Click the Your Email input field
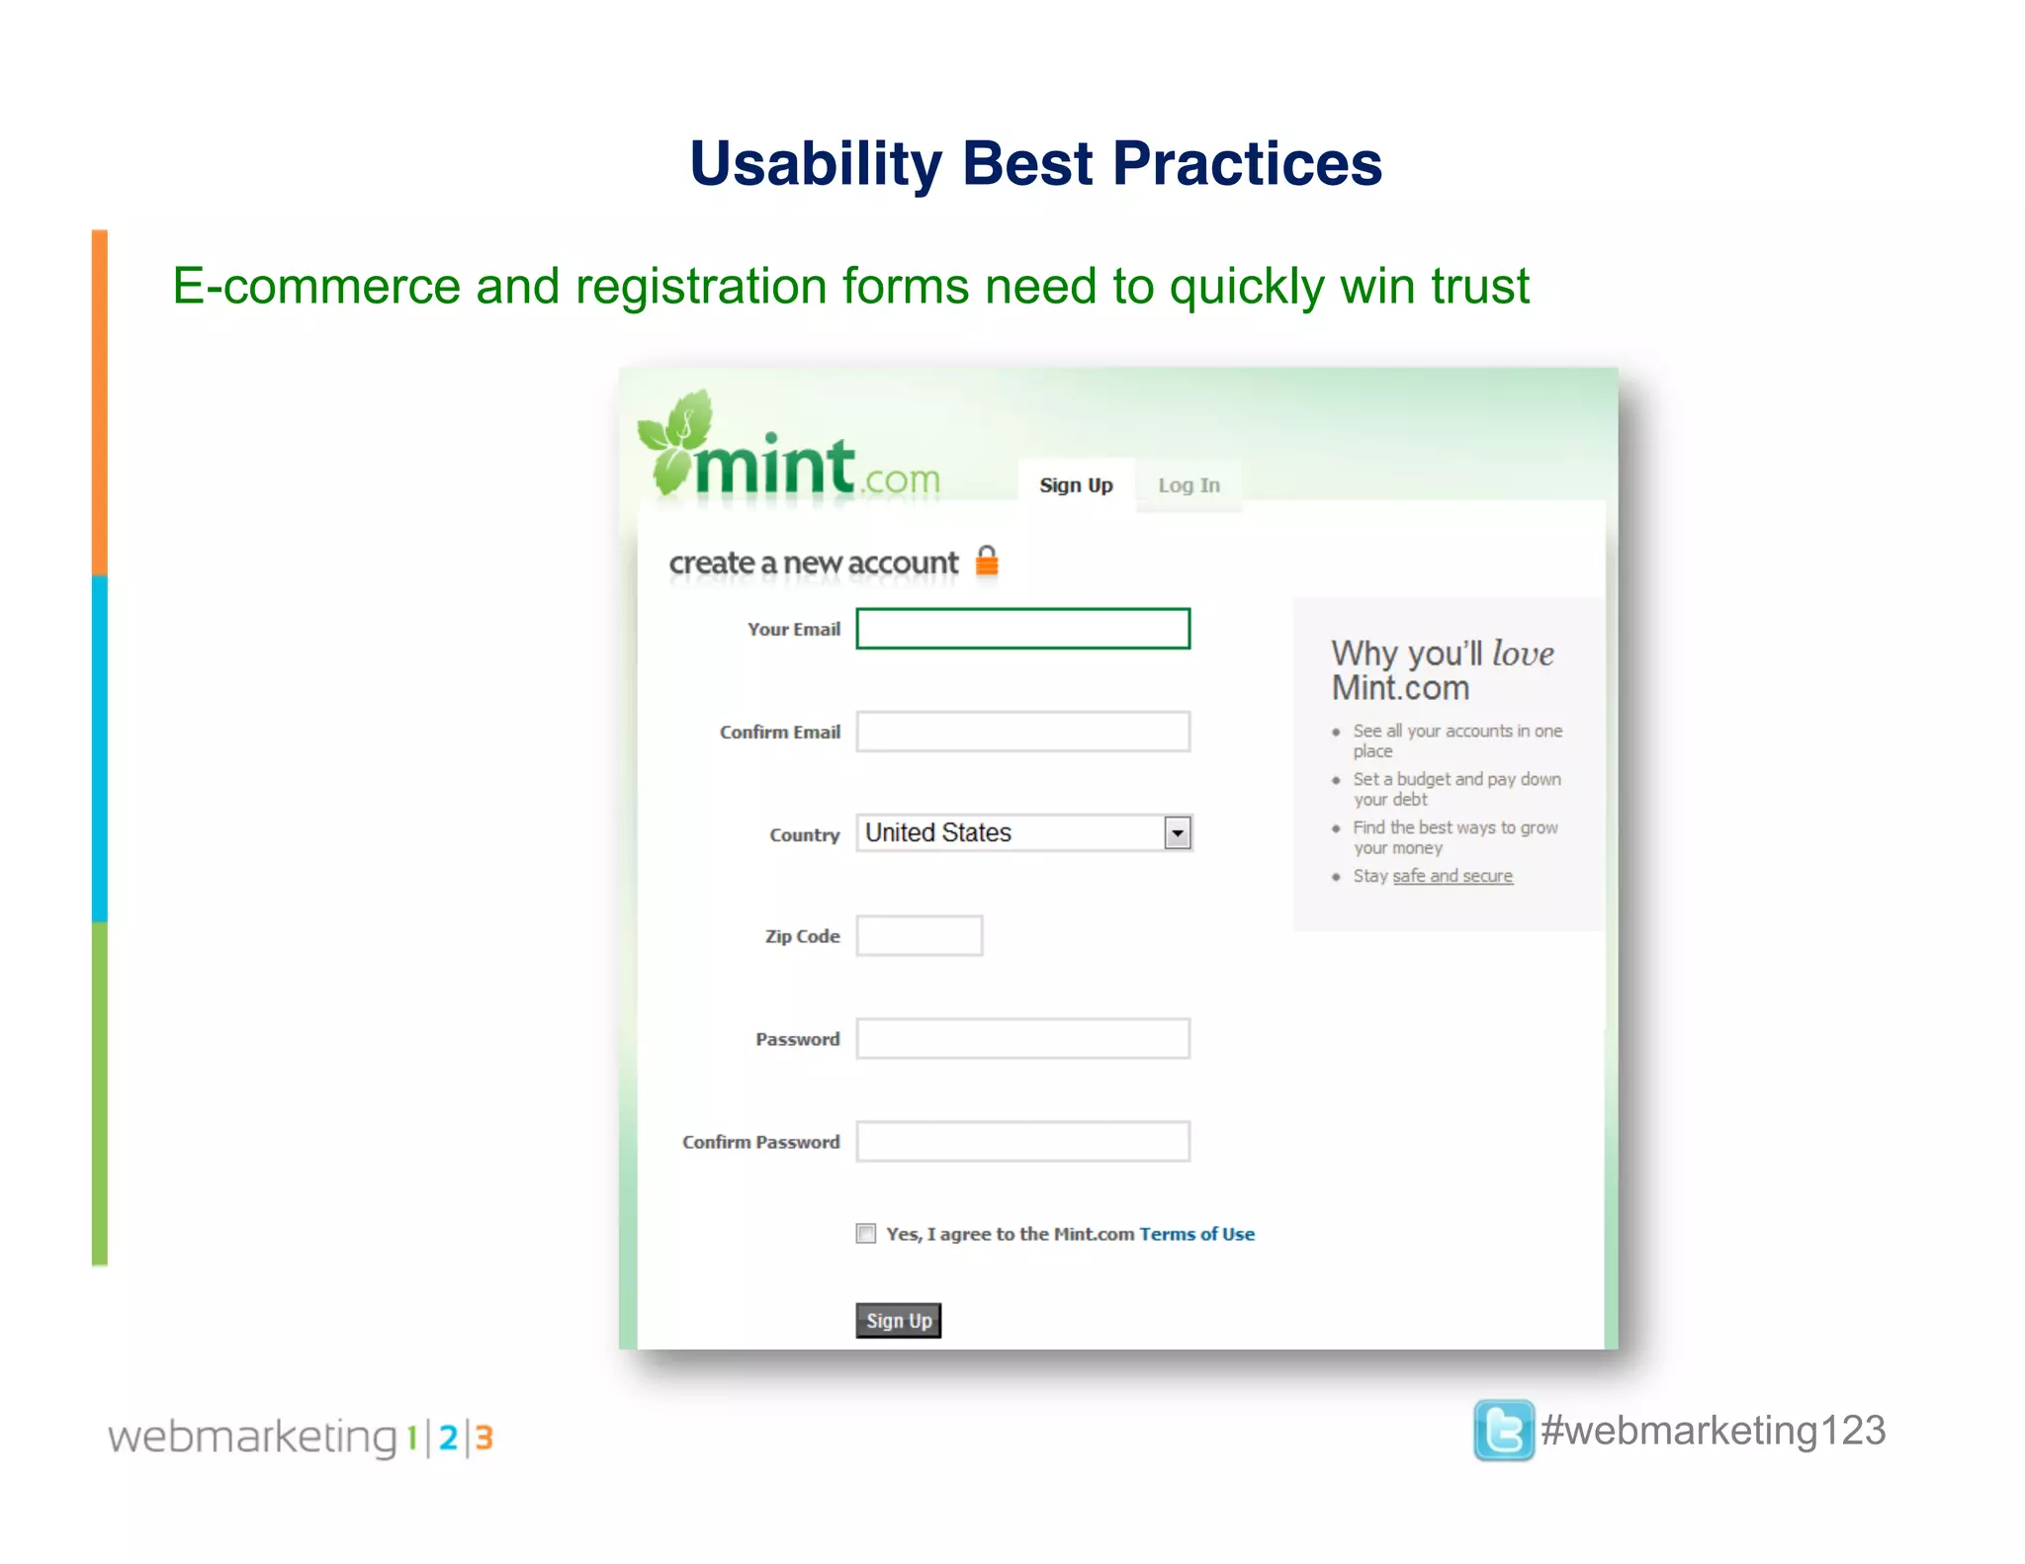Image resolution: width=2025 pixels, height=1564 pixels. coord(1022,629)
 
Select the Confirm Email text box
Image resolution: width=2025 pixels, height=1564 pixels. coord(1022,732)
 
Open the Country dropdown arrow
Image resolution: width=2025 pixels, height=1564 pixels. coord(1177,833)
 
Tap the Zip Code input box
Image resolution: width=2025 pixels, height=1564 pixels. coord(919,935)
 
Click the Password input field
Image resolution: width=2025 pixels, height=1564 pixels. coord(1022,1039)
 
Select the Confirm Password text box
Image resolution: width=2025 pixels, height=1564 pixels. coord(1022,1142)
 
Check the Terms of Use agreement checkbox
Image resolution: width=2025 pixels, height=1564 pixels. coord(866,1234)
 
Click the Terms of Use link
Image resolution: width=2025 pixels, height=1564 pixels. coord(1196,1234)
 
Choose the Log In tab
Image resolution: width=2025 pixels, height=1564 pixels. coord(1189,485)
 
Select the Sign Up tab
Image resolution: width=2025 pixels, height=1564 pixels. coord(1076,485)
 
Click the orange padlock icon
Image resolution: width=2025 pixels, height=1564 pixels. coord(987,561)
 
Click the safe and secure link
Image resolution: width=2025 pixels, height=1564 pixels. coord(1453,876)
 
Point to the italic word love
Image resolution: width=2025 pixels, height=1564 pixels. coord(1523,653)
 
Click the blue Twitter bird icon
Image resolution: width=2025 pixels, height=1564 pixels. coord(1503,1430)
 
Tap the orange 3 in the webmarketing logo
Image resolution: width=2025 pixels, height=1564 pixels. coord(484,1437)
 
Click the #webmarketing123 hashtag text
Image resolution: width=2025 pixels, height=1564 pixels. coord(1714,1431)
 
